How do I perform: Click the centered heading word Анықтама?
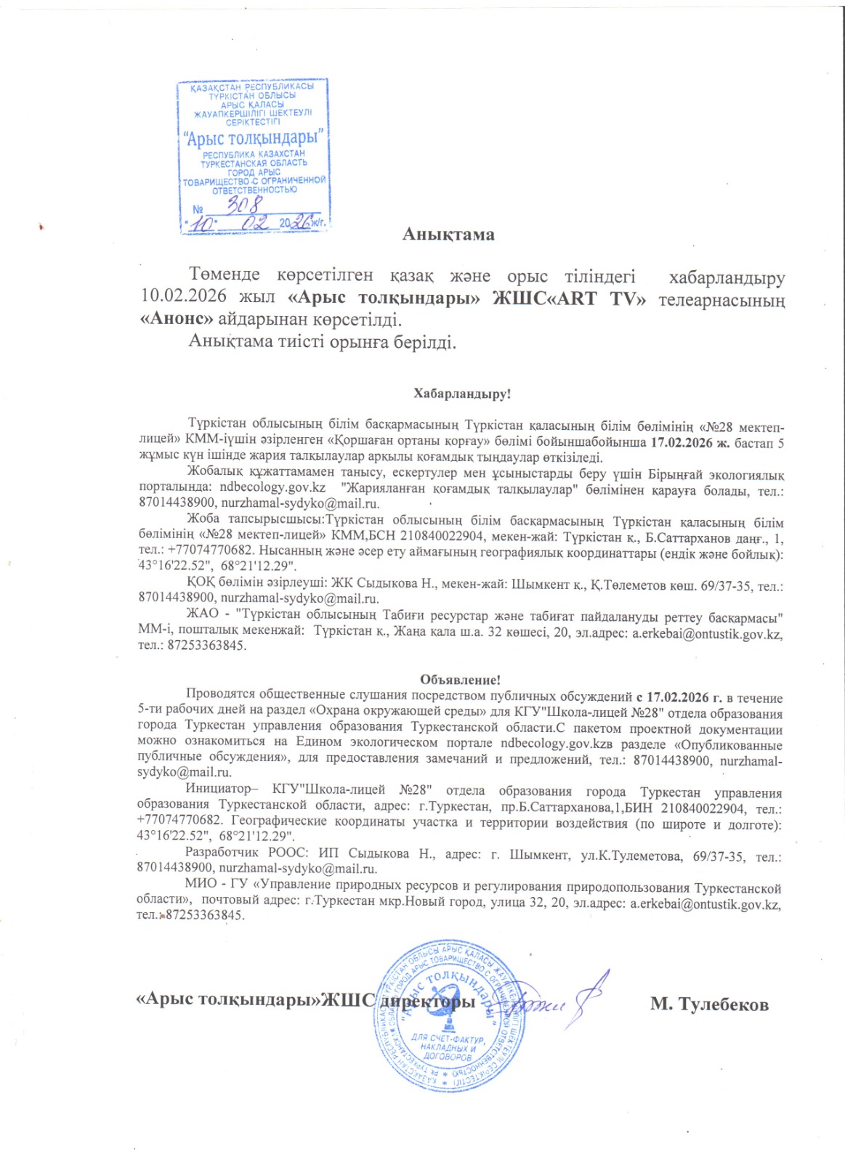pyautogui.click(x=448, y=235)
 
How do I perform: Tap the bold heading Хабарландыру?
pyautogui.click(x=462, y=394)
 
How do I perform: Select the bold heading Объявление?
pyautogui.click(x=460, y=680)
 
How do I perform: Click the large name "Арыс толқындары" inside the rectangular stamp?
pyautogui.click(x=254, y=137)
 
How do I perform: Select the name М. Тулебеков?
pyautogui.click(x=709, y=1004)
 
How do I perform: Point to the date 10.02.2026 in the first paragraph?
pyautogui.click(x=183, y=296)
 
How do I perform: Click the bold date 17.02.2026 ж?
pyautogui.click(x=690, y=442)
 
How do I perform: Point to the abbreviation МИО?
pyautogui.click(x=201, y=884)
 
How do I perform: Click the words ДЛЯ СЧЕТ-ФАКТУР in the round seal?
pyautogui.click(x=448, y=1040)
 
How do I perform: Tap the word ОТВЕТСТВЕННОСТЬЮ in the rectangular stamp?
pyautogui.click(x=254, y=190)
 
